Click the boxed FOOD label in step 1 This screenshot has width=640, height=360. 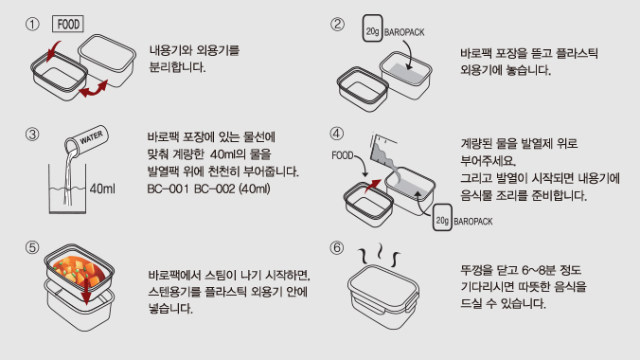(x=68, y=24)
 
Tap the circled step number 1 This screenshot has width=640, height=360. (x=32, y=24)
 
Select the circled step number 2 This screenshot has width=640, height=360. (x=337, y=24)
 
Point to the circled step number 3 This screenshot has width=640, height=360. (x=32, y=135)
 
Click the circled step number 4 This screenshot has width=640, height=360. (x=337, y=134)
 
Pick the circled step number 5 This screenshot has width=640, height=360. (x=32, y=247)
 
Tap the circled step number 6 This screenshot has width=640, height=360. (x=337, y=247)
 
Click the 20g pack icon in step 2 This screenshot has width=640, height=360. (x=373, y=28)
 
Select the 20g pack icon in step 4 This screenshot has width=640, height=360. (x=442, y=217)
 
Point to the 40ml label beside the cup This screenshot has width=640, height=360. (x=102, y=189)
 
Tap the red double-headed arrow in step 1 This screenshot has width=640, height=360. (x=94, y=89)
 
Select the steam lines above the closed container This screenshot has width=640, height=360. (x=379, y=255)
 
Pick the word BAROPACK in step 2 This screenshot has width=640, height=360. (x=404, y=32)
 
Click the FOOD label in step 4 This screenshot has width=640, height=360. (x=343, y=155)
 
